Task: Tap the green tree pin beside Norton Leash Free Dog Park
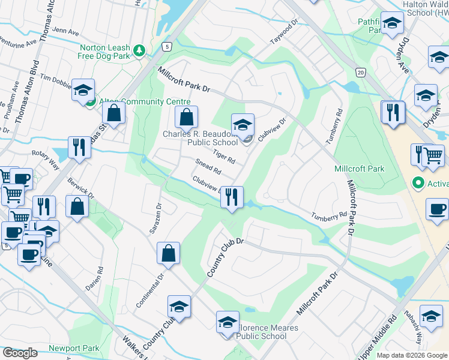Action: (x=139, y=50)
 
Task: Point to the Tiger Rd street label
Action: (x=223, y=158)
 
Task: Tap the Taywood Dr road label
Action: (x=284, y=30)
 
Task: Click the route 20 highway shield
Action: (x=360, y=72)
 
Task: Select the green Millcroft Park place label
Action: (x=359, y=169)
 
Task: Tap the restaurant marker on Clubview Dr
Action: (x=232, y=197)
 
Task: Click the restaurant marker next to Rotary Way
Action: (x=79, y=147)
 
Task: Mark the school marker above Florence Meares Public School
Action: (x=228, y=322)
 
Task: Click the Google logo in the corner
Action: (x=20, y=353)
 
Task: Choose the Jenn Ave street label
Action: (x=66, y=31)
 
